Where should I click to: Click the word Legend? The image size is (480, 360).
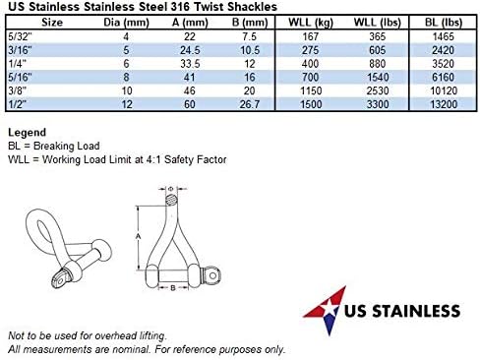[x=29, y=131]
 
